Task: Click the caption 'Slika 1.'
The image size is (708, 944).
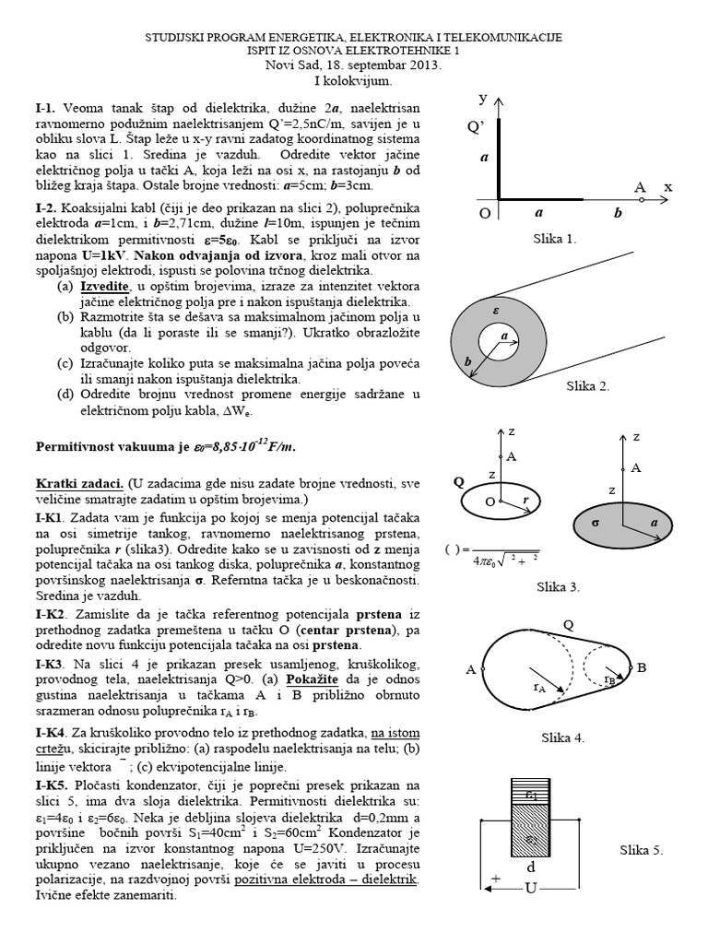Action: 554,239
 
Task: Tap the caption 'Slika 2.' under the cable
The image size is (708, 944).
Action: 587,386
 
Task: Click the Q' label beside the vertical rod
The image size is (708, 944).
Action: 476,127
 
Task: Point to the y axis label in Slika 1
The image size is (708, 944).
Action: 482,97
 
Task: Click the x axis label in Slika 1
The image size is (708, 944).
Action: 668,186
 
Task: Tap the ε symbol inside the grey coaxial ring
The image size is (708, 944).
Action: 495,312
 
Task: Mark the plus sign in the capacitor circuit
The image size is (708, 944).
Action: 496,880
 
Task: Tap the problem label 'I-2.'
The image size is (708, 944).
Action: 51,208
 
